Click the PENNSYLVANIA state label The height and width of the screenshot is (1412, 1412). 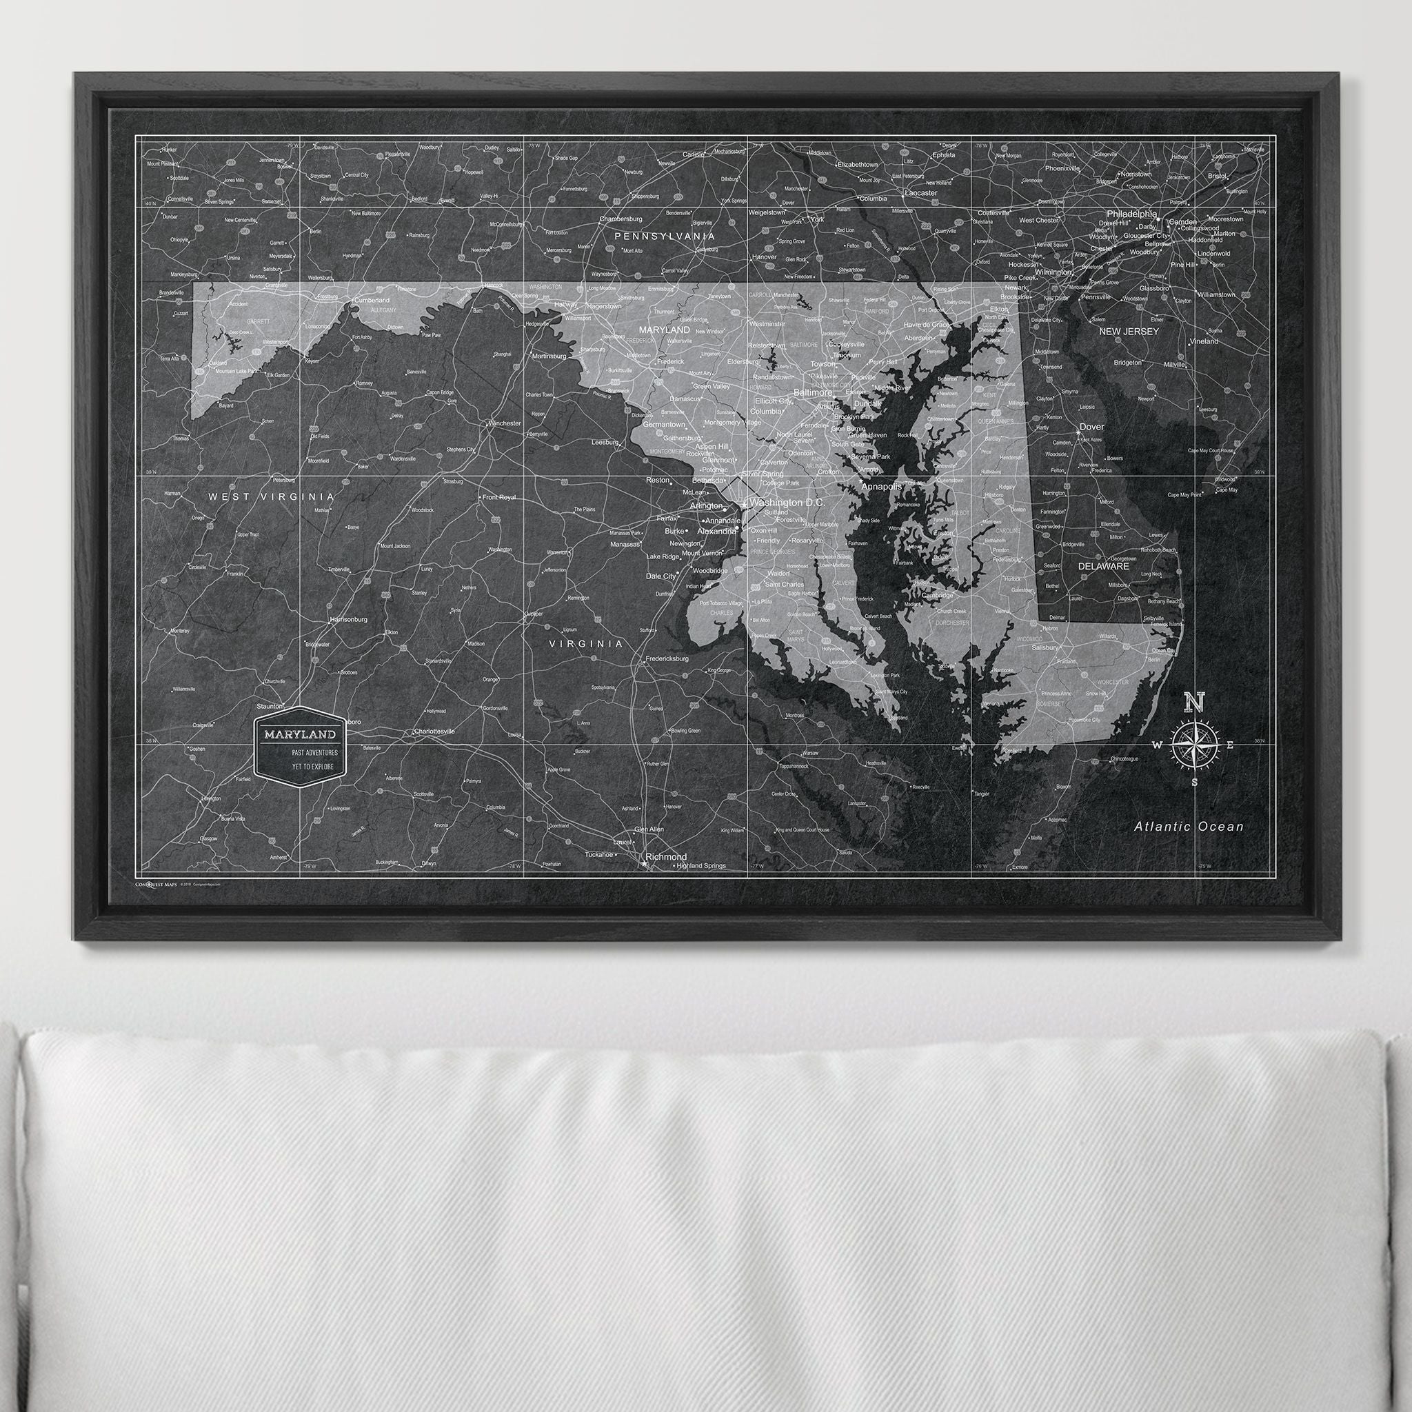[664, 236]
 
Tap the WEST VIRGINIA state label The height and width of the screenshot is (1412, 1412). [271, 496]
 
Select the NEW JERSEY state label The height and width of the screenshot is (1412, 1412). [1129, 332]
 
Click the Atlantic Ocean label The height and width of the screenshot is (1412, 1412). [1189, 827]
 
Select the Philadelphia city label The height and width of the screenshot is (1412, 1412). [1131, 214]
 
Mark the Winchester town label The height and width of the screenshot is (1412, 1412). [504, 423]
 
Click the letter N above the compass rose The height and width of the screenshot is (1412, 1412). [1194, 703]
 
